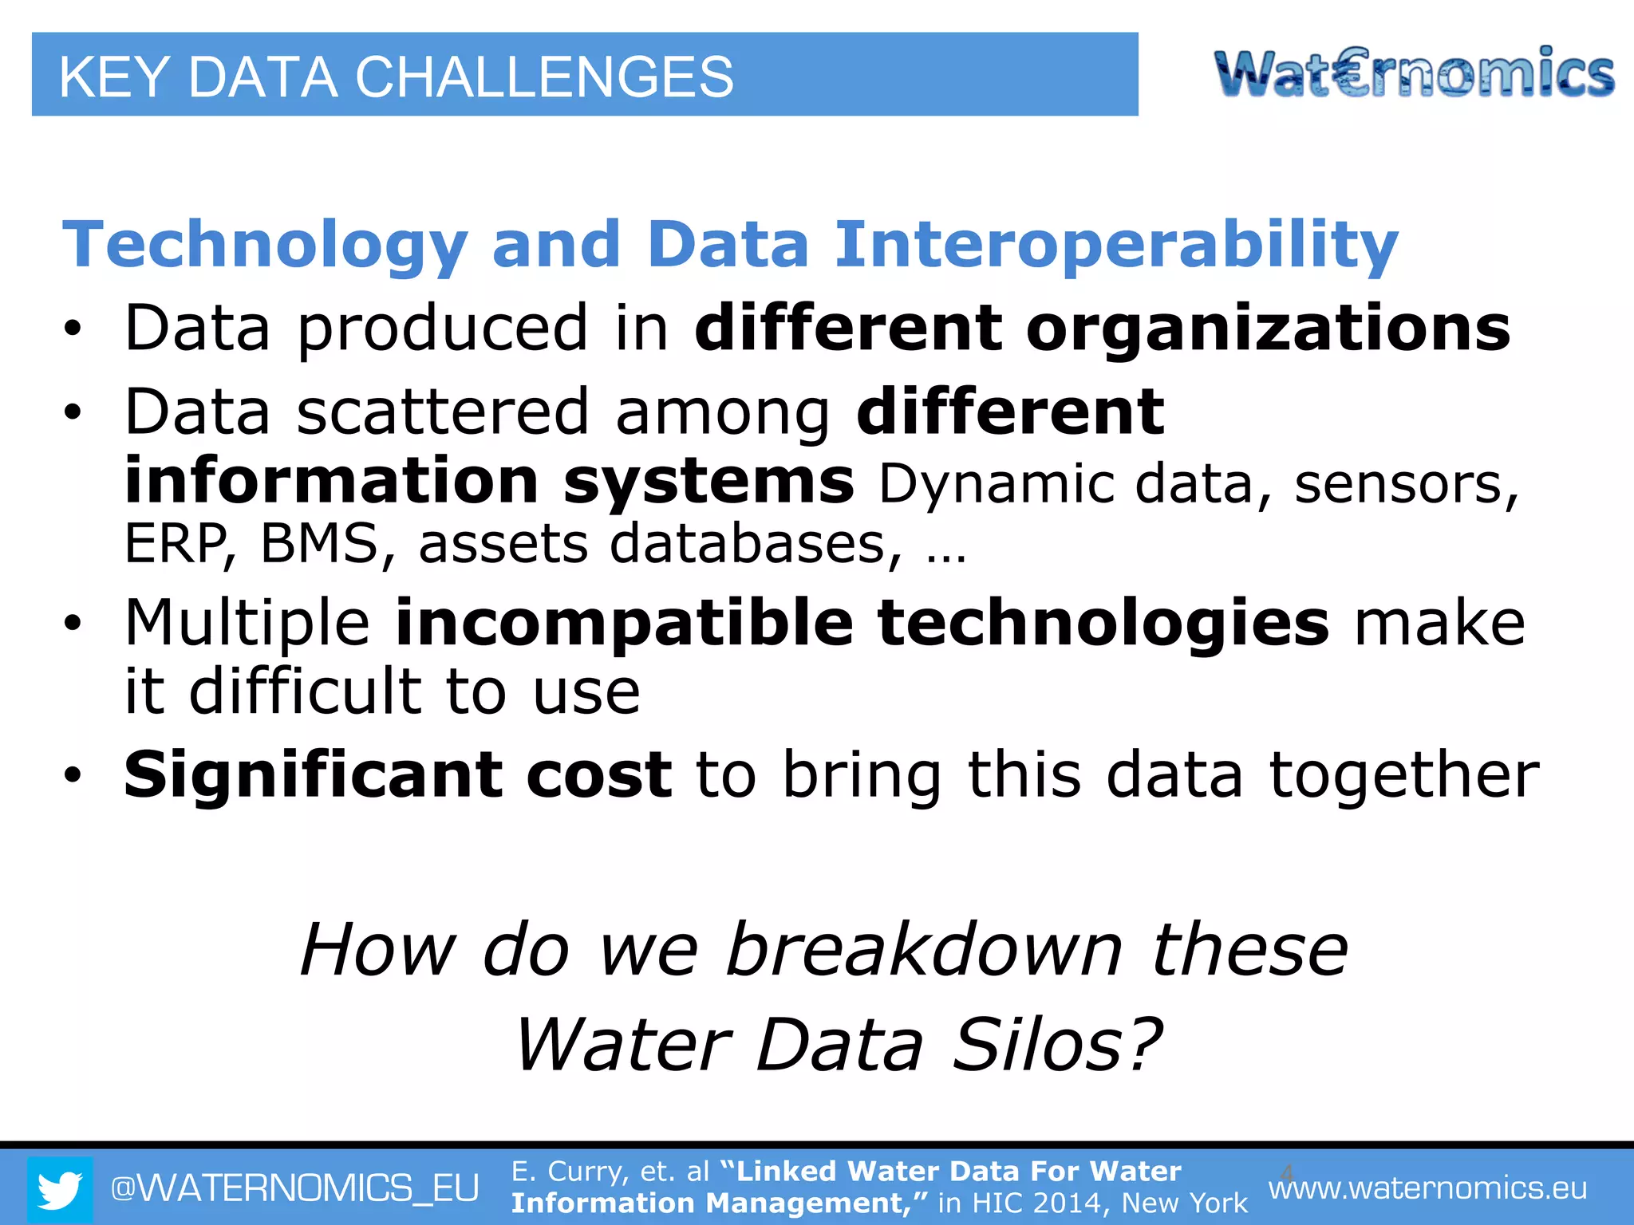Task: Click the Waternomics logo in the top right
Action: (1414, 73)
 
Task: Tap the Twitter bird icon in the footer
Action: (60, 1189)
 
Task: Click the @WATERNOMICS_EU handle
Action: (294, 1188)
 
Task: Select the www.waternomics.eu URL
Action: (1427, 1188)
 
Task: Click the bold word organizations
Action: (1268, 329)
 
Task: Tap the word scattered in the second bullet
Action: (442, 412)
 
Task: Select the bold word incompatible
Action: (624, 624)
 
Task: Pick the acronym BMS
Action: (319, 544)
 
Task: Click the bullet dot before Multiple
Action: (73, 624)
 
